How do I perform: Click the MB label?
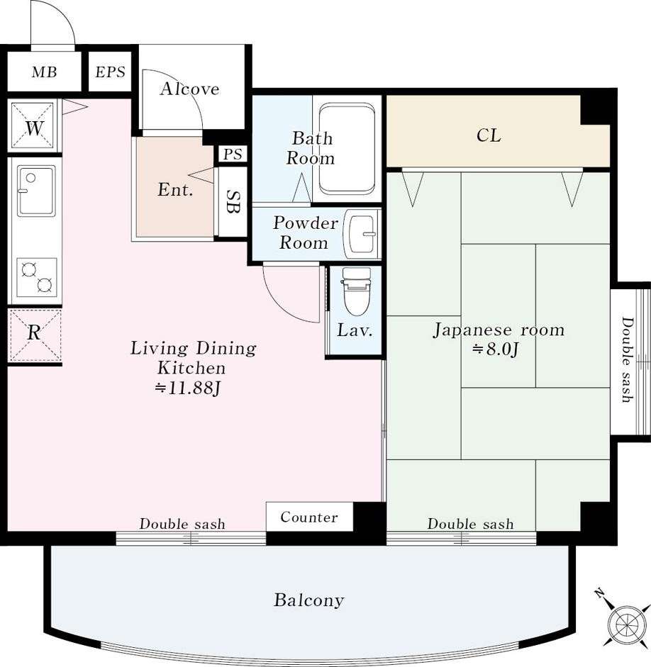44,72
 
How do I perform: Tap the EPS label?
110,72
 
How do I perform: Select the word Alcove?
190,89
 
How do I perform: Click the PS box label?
233,154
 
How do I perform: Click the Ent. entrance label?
175,189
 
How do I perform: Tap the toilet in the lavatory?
356,291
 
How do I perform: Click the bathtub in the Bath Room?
347,149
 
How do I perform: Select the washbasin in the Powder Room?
361,233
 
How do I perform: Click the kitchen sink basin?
36,191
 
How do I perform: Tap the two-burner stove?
37,277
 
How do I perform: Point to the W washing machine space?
33,127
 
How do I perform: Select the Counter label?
309,517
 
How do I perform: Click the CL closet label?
489,135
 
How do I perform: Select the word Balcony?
309,600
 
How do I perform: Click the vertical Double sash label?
627,359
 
